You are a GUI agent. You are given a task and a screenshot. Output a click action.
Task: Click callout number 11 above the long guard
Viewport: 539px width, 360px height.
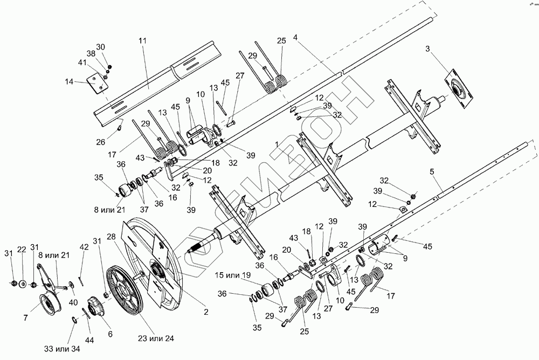point(143,40)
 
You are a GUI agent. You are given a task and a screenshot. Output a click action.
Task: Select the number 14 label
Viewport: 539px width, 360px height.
point(69,82)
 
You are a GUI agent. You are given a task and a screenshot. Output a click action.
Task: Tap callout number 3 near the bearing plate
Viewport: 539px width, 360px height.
point(427,49)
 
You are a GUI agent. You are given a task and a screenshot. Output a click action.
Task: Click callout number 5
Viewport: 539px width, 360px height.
point(432,171)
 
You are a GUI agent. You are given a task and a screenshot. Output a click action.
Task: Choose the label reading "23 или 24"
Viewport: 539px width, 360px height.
point(156,338)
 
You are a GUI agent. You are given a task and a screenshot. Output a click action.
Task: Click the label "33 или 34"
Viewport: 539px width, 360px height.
point(62,349)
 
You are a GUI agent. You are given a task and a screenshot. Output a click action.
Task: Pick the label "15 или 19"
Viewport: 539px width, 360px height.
point(233,275)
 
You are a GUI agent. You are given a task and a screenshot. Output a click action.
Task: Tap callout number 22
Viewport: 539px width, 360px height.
point(22,250)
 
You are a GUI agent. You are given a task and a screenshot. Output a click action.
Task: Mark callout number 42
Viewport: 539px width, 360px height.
point(84,247)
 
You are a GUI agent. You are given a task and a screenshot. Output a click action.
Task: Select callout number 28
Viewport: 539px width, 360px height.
point(112,237)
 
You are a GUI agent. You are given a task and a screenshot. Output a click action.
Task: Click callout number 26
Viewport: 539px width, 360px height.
point(101,142)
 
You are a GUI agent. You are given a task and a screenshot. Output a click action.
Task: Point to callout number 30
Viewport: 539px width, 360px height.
point(101,47)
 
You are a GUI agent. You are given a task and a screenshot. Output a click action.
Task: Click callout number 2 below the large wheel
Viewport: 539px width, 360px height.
point(206,312)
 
